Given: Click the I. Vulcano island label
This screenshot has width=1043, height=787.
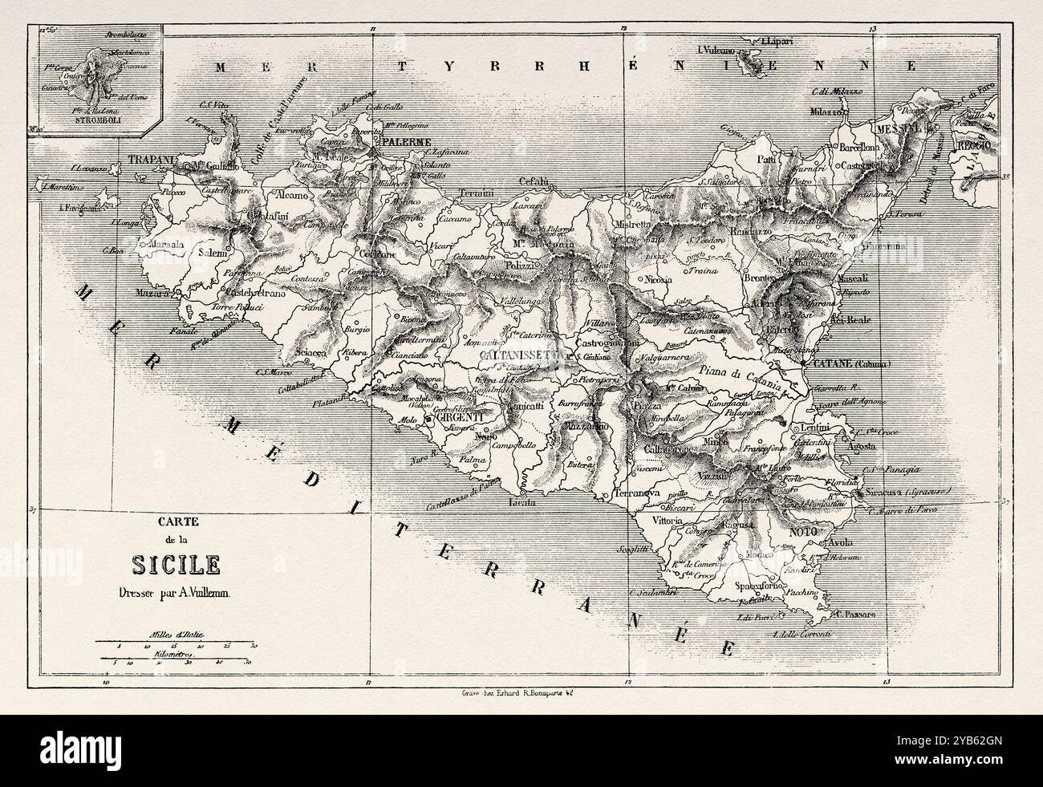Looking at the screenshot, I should pos(722,50).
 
